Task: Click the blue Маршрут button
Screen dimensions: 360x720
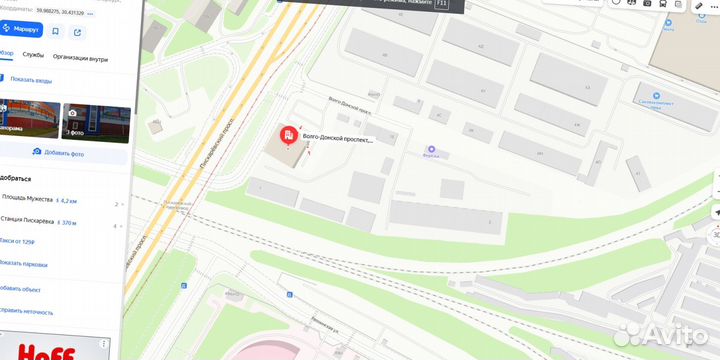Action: pos(21,30)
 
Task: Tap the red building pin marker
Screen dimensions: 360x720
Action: pos(288,136)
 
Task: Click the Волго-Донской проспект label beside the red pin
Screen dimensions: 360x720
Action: pos(337,140)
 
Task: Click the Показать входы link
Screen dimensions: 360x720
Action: pos(30,80)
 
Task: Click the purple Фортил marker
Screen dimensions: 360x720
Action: pos(433,148)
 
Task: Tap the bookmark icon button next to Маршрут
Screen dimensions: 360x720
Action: pos(56,30)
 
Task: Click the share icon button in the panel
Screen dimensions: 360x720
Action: pos(77,30)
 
